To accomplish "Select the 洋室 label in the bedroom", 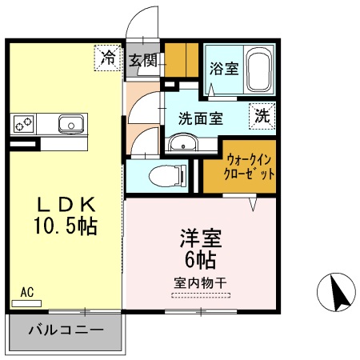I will (x=200, y=238).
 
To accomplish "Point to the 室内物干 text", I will (x=200, y=282).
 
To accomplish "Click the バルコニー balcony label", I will (x=66, y=330).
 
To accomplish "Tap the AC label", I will (x=26, y=292).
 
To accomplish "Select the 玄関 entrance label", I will (x=144, y=59).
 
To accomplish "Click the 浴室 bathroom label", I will (x=223, y=67).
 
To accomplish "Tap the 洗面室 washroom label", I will (x=200, y=118).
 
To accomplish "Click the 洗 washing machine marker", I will (x=262, y=114).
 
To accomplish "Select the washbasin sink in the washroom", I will (x=183, y=144).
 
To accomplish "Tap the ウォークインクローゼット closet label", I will (x=250, y=166).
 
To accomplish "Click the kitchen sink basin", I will (x=70, y=124).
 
